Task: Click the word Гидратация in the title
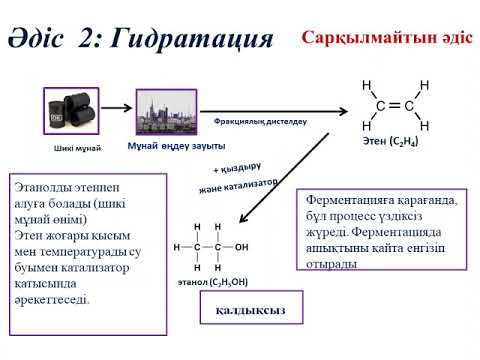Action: (192, 39)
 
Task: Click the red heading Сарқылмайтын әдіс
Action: (387, 37)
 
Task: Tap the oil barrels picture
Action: (71, 111)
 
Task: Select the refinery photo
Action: (166, 112)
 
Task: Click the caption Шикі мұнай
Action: (77, 148)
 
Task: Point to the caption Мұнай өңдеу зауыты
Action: (176, 146)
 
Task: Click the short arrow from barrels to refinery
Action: (117, 108)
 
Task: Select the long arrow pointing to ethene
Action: (274, 111)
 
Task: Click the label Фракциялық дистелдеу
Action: (260, 122)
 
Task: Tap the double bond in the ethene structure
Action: (395, 106)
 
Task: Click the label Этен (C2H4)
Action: (390, 141)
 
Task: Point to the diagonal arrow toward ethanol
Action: (284, 178)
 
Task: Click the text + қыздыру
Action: (237, 168)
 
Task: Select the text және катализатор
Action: (238, 186)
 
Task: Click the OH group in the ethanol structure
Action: (241, 247)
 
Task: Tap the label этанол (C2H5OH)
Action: (213, 282)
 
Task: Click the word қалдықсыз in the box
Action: (250, 310)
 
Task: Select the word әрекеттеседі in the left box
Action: (52, 300)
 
